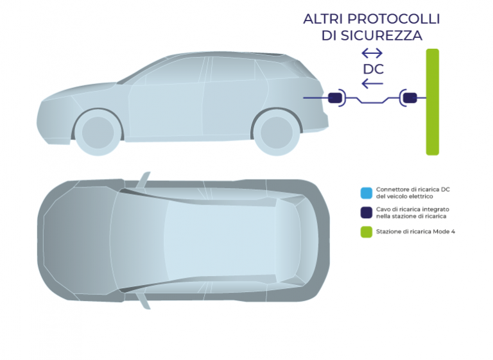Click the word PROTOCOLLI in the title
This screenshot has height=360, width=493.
click(x=394, y=19)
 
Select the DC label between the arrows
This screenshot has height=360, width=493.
click(x=373, y=69)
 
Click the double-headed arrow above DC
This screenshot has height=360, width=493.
click(x=372, y=53)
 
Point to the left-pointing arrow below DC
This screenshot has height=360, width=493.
click(x=372, y=83)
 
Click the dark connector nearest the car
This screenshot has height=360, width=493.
click(x=335, y=98)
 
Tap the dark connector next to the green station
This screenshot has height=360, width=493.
click(x=410, y=98)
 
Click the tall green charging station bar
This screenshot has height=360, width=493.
click(x=432, y=102)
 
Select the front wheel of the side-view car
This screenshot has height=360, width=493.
click(x=98, y=132)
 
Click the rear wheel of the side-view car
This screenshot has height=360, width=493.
click(x=277, y=132)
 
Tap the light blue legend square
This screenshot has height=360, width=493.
click(x=367, y=193)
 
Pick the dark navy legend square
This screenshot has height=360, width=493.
click(x=367, y=212)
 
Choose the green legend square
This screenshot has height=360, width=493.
click(x=367, y=232)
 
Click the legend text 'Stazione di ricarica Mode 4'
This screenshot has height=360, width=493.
click(x=415, y=232)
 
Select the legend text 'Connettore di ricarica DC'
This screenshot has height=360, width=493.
click(x=413, y=189)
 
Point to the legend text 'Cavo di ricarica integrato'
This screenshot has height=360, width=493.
click(x=413, y=209)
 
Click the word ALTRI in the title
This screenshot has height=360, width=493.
click(x=323, y=19)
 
